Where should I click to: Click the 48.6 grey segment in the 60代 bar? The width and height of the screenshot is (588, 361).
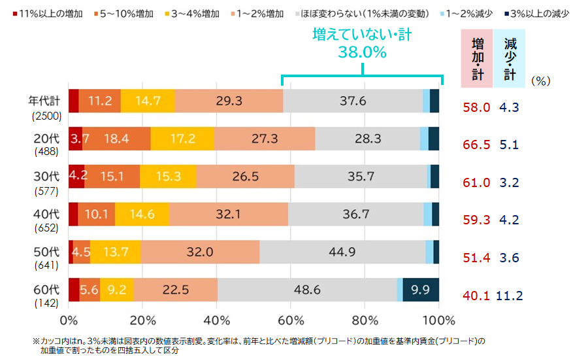pos(307,289)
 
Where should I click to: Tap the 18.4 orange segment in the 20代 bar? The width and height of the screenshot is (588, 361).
pos(116,139)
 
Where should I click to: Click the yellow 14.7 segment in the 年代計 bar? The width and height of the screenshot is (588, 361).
pos(148,101)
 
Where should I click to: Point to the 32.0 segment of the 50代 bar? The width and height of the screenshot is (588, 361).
pos(199,252)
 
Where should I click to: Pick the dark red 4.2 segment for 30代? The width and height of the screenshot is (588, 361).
pos(76,176)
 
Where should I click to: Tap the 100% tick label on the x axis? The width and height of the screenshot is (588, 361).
pos(438,320)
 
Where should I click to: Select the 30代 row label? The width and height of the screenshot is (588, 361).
pos(48,176)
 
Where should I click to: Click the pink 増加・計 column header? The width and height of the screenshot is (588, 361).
pos(478,58)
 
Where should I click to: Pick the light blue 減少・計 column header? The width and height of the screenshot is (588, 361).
pos(510,58)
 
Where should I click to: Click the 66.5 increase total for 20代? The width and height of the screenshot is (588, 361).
pos(476,145)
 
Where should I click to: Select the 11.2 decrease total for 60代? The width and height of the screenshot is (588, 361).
pos(510,296)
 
